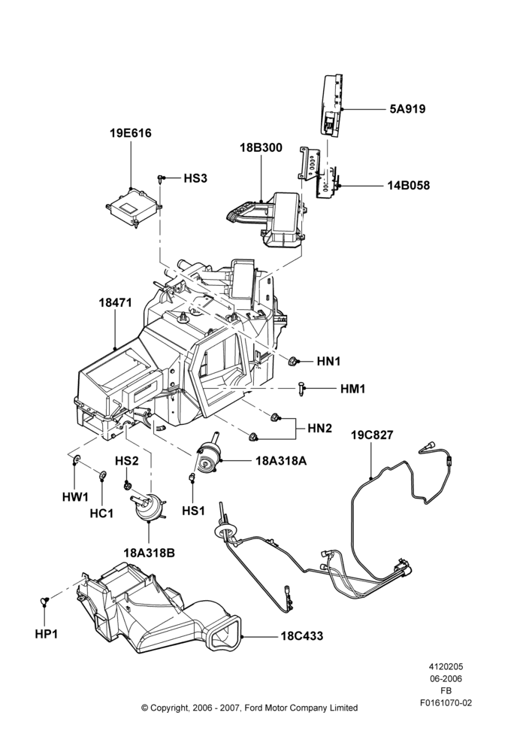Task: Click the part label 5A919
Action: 407,109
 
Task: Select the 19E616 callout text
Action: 130,133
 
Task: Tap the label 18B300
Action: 261,147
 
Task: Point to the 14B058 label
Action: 408,185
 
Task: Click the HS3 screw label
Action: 195,178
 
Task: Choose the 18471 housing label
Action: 115,303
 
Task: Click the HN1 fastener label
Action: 328,362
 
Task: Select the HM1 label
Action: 352,389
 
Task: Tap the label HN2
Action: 319,428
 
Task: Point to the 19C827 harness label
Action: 372,435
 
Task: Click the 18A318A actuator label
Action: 281,461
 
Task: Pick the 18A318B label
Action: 149,553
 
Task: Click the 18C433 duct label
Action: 302,636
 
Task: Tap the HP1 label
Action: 46,634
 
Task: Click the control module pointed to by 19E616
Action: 134,205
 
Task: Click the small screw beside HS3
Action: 159,179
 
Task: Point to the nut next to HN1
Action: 292,361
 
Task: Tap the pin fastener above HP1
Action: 44,599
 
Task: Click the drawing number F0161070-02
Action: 446,703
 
